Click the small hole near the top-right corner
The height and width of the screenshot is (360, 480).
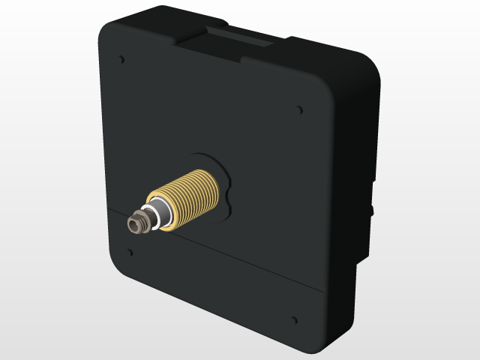[x=301, y=109]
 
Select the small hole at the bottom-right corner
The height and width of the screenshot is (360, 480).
[x=293, y=321]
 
